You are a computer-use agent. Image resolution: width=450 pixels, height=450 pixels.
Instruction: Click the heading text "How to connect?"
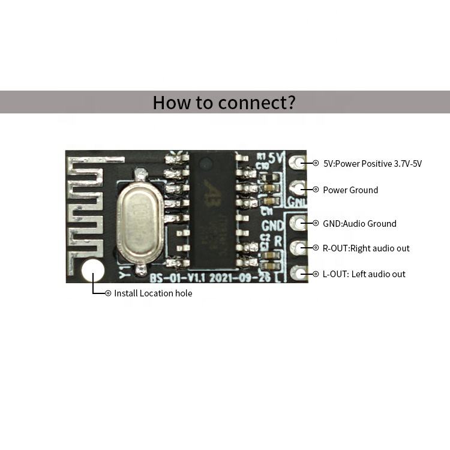coord(224,102)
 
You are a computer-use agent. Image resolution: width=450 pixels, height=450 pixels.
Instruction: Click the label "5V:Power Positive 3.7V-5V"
coord(372,163)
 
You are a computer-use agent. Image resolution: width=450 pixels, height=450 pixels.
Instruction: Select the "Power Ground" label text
coord(350,190)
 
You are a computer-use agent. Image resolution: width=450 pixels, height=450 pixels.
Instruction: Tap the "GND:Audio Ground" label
coord(359,224)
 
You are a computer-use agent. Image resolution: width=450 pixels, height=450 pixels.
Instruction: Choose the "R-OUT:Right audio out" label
coord(366,248)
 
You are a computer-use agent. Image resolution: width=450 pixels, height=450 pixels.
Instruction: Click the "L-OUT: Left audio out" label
coord(364,274)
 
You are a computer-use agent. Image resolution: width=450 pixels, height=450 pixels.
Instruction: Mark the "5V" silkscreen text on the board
coord(276,158)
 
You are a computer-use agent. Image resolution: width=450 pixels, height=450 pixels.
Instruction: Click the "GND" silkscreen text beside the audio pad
coord(273,226)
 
